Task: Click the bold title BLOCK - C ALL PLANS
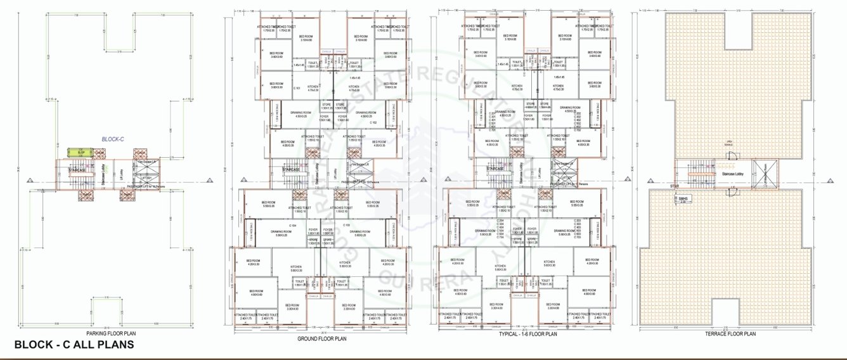(x=74, y=345)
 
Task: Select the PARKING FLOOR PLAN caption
(x=111, y=333)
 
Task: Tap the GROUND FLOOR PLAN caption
(x=321, y=338)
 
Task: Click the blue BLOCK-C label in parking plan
(x=115, y=138)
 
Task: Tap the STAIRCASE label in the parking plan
(x=77, y=170)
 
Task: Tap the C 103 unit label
(x=346, y=225)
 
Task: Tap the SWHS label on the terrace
(x=683, y=198)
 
